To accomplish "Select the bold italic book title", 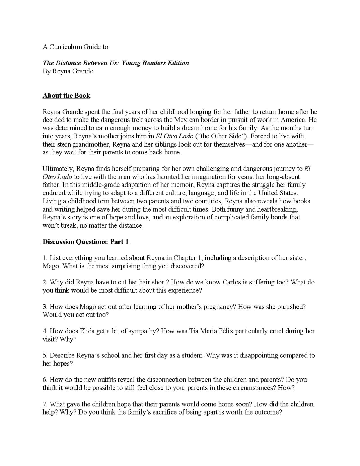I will (116, 63).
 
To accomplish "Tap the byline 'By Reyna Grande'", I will (67, 71).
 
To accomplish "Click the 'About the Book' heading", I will (66, 95).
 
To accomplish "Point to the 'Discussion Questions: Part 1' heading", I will (85, 242).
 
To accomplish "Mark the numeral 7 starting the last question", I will (44, 404).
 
